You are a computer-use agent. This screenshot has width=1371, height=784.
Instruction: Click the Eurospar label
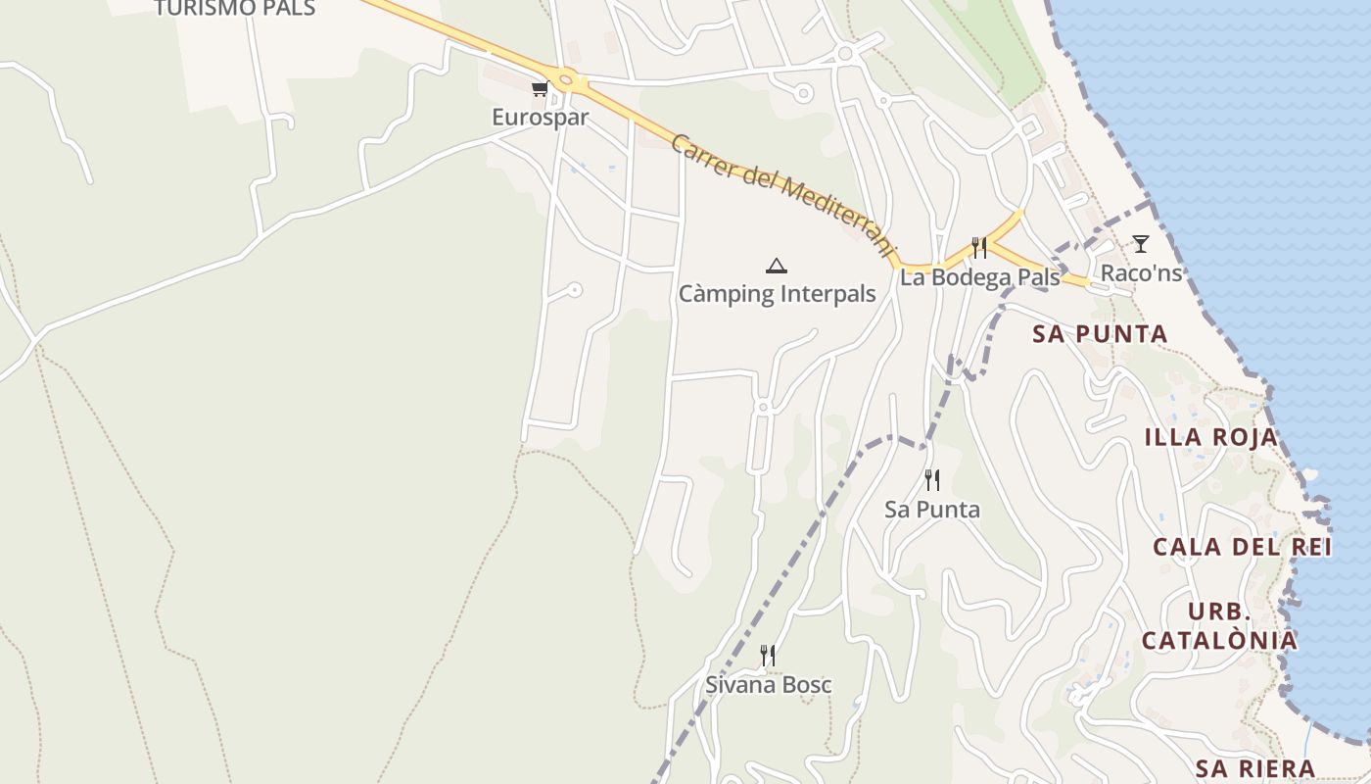click(x=540, y=118)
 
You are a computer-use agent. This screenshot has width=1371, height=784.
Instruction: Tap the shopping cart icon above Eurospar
click(x=539, y=89)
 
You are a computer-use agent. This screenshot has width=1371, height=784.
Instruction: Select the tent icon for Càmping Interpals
click(x=777, y=265)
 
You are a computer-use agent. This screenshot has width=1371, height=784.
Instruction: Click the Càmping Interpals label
click(x=778, y=294)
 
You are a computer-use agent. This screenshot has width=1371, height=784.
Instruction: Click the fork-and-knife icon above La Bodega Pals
click(x=978, y=247)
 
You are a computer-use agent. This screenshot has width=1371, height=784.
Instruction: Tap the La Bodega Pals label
click(x=979, y=277)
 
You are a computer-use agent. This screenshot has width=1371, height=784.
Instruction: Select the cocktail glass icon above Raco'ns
click(x=1141, y=243)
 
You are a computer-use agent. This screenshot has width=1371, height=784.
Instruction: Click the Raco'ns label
click(x=1142, y=272)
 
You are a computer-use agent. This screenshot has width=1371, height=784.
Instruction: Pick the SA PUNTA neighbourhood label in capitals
click(x=1100, y=334)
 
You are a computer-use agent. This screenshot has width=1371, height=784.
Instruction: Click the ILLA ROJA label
click(x=1211, y=437)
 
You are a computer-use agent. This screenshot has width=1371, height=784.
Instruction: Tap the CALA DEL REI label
click(x=1242, y=547)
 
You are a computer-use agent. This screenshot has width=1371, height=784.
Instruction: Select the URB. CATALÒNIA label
click(x=1219, y=626)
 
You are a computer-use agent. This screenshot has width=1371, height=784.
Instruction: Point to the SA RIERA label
click(x=1255, y=767)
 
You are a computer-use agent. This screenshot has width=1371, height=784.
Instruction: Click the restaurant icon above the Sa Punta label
click(x=932, y=480)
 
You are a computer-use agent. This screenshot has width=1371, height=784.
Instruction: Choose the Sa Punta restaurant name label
click(x=932, y=510)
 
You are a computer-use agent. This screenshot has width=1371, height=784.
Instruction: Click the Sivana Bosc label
click(x=769, y=684)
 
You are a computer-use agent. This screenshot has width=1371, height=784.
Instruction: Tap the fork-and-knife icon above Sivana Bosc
click(x=769, y=655)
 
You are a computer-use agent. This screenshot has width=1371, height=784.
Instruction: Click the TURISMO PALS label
click(x=235, y=9)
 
